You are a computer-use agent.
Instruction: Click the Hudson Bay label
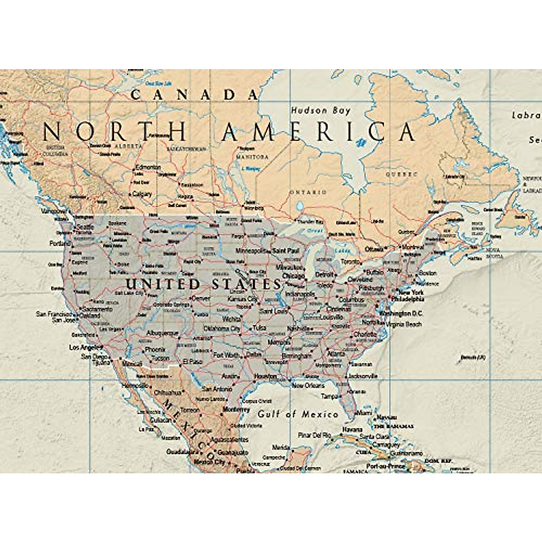click(x=320, y=110)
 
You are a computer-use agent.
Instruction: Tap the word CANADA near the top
click(x=195, y=94)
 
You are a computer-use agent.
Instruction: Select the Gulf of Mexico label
click(x=298, y=414)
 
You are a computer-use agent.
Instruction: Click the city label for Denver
click(x=201, y=299)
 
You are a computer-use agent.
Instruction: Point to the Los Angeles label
click(x=84, y=347)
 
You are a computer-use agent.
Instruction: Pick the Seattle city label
click(x=85, y=227)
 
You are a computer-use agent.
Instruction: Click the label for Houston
click(x=266, y=376)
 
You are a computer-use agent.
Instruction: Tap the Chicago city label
click(x=294, y=276)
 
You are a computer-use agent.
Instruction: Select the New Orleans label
click(x=308, y=385)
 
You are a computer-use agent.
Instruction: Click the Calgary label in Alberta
click(x=142, y=194)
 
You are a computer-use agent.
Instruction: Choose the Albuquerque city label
click(x=163, y=333)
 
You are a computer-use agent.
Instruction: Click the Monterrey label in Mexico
click(x=236, y=410)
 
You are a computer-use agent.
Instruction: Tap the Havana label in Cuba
click(x=352, y=429)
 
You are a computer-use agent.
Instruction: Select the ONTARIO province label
click(x=308, y=192)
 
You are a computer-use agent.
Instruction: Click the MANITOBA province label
click(x=252, y=157)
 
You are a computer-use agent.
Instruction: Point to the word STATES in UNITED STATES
click(x=247, y=284)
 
